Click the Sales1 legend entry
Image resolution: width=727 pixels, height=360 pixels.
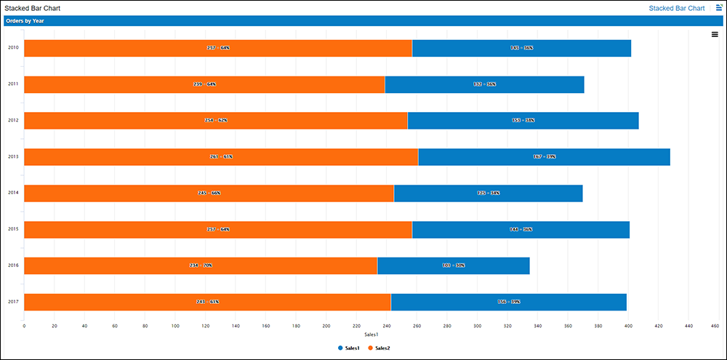click(351, 348)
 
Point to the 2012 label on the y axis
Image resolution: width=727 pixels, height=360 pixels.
click(13, 120)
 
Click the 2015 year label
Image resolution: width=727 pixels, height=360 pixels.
click(13, 229)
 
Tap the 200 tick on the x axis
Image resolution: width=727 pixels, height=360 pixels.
click(326, 326)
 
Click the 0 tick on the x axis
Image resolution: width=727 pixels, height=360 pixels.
click(25, 326)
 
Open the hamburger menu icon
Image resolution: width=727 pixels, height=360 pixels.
click(715, 34)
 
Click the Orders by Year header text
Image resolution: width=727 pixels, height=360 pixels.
click(25, 21)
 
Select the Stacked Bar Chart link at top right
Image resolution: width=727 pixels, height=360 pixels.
click(676, 8)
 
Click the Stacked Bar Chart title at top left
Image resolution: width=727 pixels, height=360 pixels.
click(33, 8)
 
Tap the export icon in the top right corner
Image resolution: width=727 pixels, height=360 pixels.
click(719, 7)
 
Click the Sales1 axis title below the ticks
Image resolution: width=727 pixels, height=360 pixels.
click(371, 335)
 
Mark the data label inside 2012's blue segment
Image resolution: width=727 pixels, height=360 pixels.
click(523, 120)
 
